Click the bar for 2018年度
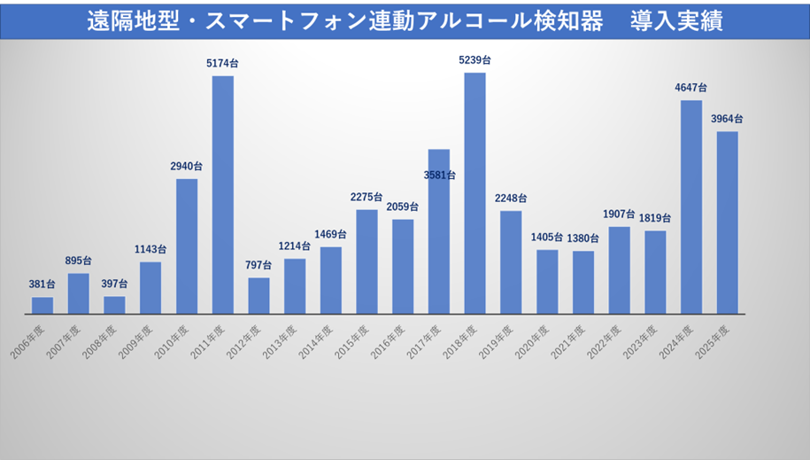474,193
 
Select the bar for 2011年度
223,195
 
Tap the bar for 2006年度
42,306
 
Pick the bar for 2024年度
691,207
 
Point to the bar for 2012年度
258,296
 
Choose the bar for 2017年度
439,231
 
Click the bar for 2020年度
547,282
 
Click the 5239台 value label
475,60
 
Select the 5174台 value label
222,64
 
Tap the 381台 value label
42,285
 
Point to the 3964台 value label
727,119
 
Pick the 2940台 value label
187,167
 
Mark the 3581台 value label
439,175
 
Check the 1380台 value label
583,238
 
